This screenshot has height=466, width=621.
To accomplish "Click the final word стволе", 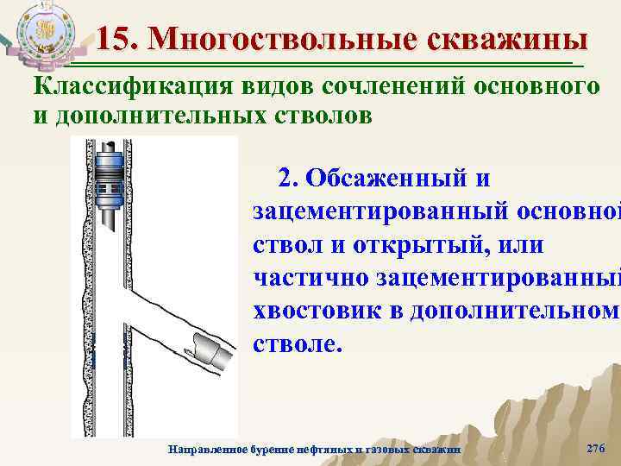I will [298, 343].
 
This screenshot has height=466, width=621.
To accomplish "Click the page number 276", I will [595, 447].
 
